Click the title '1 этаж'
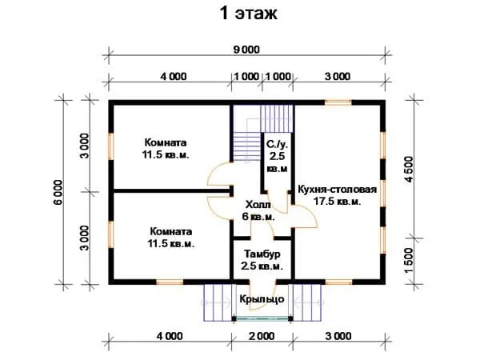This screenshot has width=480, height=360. click(249, 14)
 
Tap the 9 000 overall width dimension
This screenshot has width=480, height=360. click(246, 50)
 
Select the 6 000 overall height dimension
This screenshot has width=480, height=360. click(58, 192)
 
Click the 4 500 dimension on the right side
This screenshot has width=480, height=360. click(409, 169)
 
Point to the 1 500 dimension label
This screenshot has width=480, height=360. click(409, 261)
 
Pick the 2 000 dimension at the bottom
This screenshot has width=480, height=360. click(262, 336)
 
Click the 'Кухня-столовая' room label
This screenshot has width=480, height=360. click(337, 189)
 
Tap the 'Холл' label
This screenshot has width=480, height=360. click(258, 204)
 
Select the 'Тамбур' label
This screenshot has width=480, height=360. click(262, 254)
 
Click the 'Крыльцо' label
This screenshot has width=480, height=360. click(262, 298)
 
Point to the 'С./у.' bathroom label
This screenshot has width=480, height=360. click(277, 144)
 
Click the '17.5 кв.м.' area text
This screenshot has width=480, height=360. click(337, 202)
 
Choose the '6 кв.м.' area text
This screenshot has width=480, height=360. click(258, 217)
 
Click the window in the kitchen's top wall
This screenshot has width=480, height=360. click(338, 102)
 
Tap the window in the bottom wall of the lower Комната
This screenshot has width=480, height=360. click(170, 282)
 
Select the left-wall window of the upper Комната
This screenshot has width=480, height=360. click(111, 146)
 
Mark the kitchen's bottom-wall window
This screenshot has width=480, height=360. click(338, 282)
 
